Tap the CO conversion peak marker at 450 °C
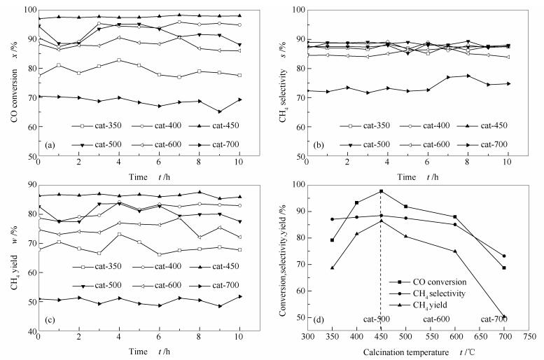click(x=381, y=191)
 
